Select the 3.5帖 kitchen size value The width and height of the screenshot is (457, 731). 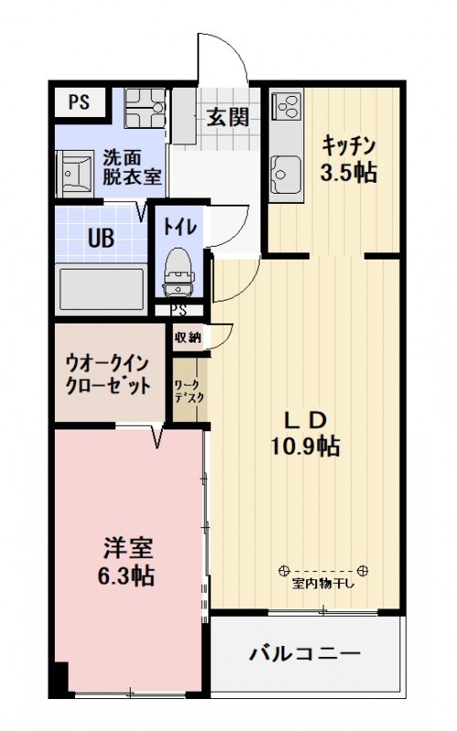pyautogui.click(x=348, y=173)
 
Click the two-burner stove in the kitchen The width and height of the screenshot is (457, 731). pyautogui.click(x=286, y=106)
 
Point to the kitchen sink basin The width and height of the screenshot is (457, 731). pyautogui.click(x=285, y=171)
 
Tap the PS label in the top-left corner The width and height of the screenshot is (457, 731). pyautogui.click(x=79, y=101)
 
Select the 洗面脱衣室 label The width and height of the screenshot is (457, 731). pyautogui.click(x=132, y=167)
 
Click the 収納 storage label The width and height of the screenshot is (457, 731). pyautogui.click(x=187, y=337)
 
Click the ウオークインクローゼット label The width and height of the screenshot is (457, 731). pyautogui.click(x=107, y=373)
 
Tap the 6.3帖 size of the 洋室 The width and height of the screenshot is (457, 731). pyautogui.click(x=125, y=576)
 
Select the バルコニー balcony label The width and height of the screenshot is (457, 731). pyautogui.click(x=305, y=654)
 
